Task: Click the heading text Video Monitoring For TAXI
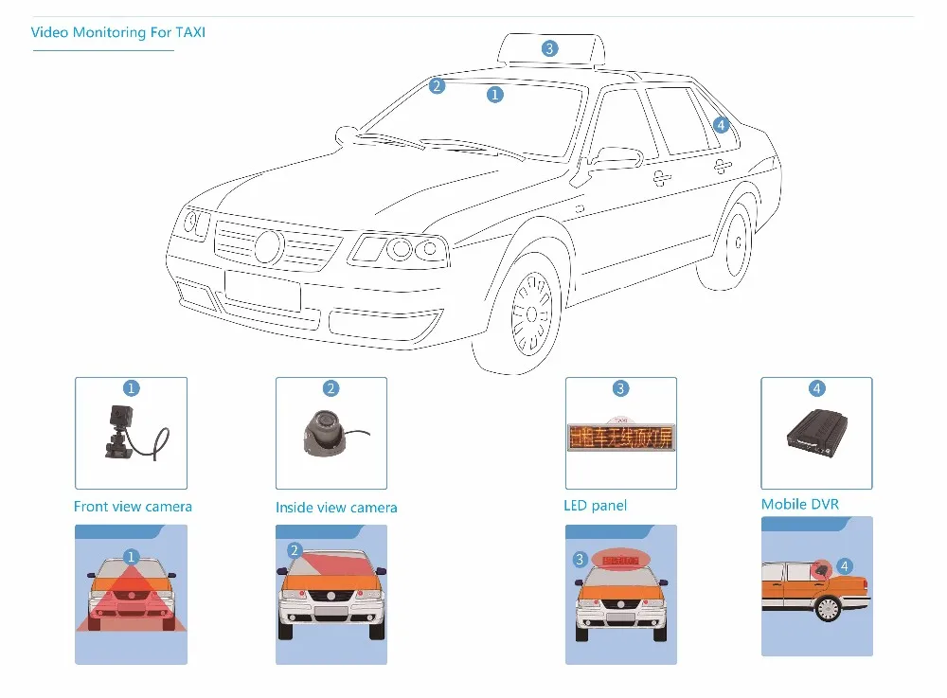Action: pyautogui.click(x=118, y=32)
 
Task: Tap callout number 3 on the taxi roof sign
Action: pyautogui.click(x=550, y=48)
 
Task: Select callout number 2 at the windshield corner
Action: pyautogui.click(x=437, y=86)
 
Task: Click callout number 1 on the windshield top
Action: pyautogui.click(x=494, y=94)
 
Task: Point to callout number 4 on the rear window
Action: pyautogui.click(x=721, y=125)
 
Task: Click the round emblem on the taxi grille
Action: pyautogui.click(x=269, y=247)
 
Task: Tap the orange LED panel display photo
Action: pyautogui.click(x=620, y=437)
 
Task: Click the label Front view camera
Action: pyautogui.click(x=133, y=507)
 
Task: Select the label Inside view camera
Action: pyautogui.click(x=336, y=508)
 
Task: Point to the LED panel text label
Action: pyautogui.click(x=595, y=506)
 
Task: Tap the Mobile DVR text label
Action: pyautogui.click(x=800, y=504)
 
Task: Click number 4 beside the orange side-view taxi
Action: pyautogui.click(x=845, y=566)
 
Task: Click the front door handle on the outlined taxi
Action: pyautogui.click(x=661, y=176)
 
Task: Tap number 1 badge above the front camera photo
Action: pyautogui.click(x=132, y=388)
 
